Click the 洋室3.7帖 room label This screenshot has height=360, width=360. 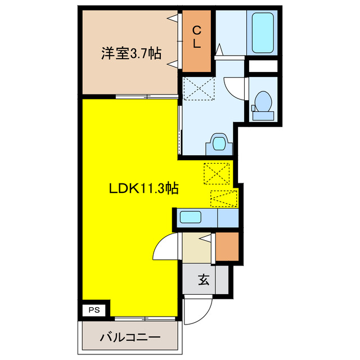pos(132,54)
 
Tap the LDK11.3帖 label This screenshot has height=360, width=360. pos(143,189)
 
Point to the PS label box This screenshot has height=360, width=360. pos(93,309)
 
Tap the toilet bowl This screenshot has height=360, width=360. pos(262,105)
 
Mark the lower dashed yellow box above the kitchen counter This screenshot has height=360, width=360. pos(223,199)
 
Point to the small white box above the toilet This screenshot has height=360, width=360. pos(263,66)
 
